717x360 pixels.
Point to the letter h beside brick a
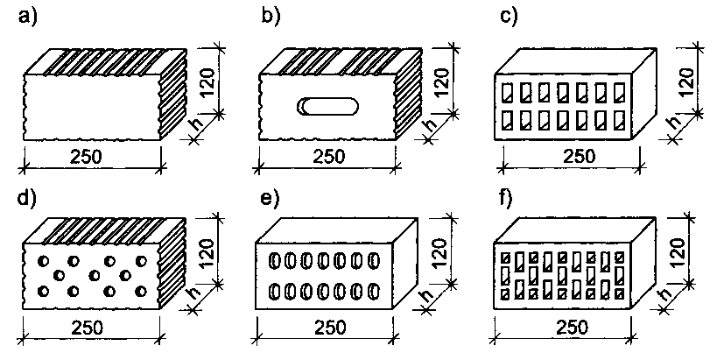193,129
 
